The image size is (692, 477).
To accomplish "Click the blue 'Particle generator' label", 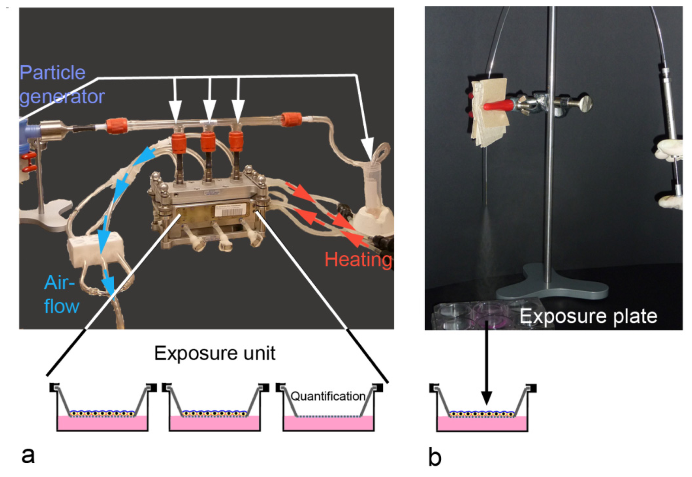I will point(61,85).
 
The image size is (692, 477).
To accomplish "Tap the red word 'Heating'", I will point(358,260).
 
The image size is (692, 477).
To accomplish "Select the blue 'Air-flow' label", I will point(61,294).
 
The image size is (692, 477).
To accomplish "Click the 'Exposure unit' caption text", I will point(215,353).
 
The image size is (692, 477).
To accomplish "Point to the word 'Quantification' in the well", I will point(328,396).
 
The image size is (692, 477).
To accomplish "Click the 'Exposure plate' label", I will point(588,316).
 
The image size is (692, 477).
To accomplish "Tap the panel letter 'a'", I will point(28,455).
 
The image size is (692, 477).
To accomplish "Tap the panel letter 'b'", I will point(434,457).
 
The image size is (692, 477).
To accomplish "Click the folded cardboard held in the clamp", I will point(489,112).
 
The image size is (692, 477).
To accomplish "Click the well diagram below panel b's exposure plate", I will point(482,408).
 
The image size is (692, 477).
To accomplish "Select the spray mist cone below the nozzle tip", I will point(484,242).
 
